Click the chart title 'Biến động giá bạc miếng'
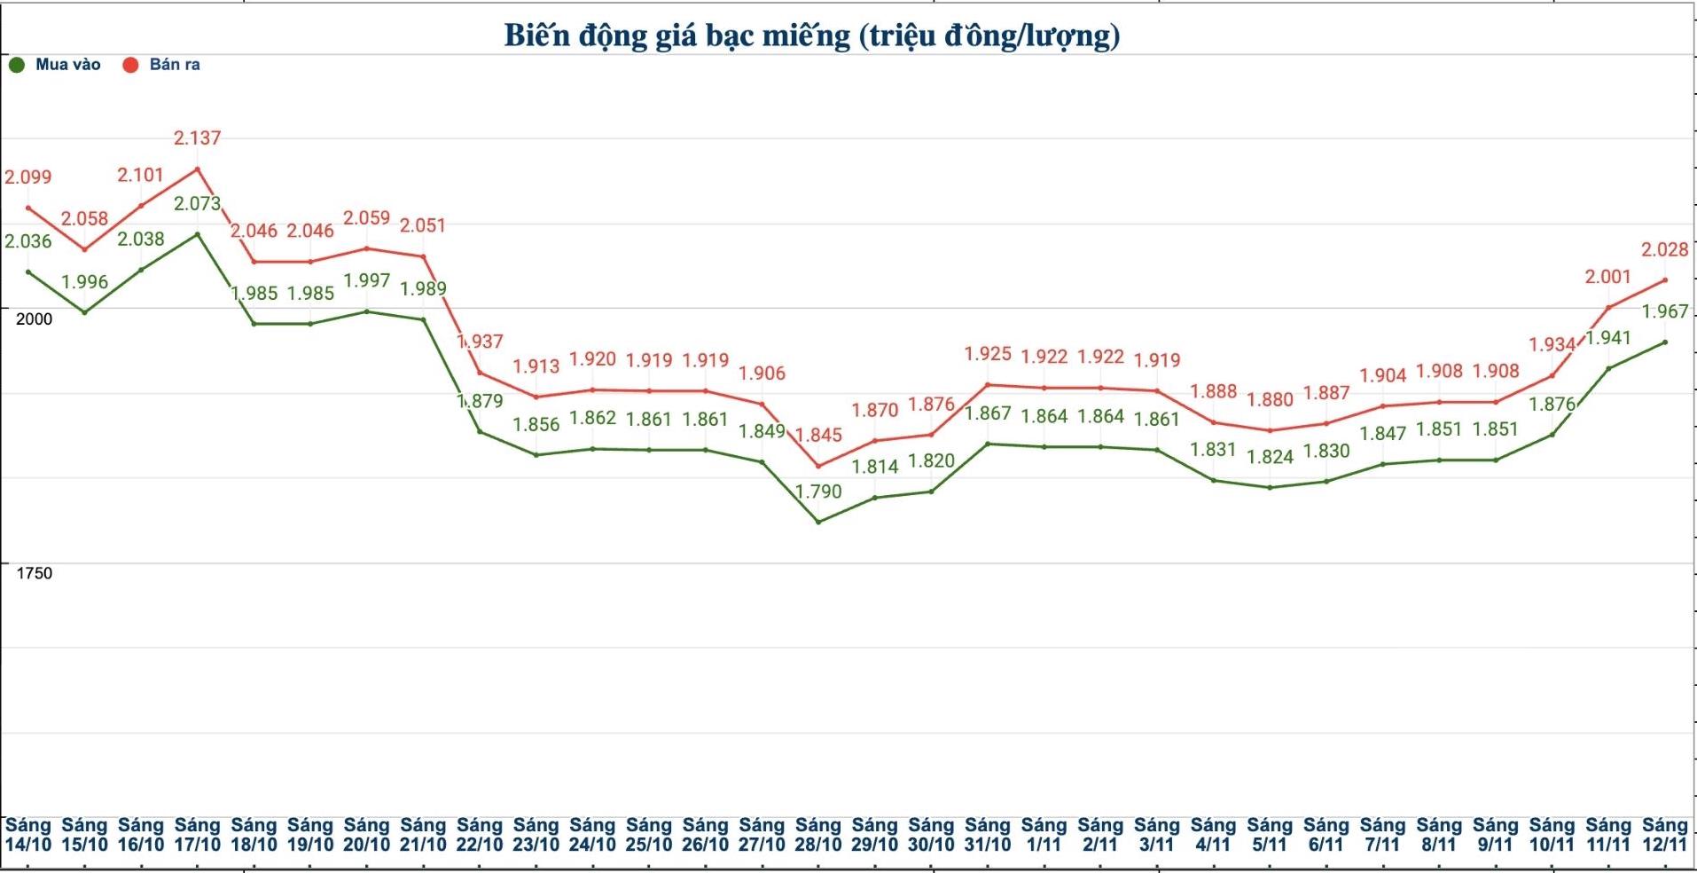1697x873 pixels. point(811,36)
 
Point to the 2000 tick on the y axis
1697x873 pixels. point(35,319)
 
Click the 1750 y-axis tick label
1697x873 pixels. point(35,574)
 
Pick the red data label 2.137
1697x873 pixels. point(197,138)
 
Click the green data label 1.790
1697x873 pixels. point(817,492)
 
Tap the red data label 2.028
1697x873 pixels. point(1664,250)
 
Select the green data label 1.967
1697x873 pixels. point(1664,312)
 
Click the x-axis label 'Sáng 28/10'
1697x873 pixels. point(817,836)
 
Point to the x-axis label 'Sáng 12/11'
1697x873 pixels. point(1664,836)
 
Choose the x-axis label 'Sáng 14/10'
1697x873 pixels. point(28,836)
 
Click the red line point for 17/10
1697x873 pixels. point(197,169)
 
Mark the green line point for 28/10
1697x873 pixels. point(817,522)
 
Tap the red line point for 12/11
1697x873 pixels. point(1664,280)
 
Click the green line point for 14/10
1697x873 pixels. point(28,272)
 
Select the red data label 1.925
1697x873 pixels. point(987,355)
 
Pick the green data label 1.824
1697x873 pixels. point(1269,458)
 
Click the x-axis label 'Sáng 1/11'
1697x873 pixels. point(1044,836)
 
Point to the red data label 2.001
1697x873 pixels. point(1607,278)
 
